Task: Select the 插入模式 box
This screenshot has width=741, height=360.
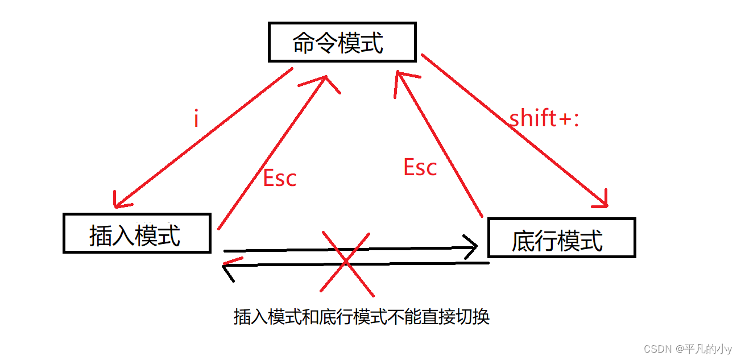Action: point(136,233)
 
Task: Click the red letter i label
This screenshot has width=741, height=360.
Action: point(196,119)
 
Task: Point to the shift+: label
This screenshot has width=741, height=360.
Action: point(544,118)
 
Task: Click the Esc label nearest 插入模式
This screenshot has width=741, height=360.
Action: point(280,178)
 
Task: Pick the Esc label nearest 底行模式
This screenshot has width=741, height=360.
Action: point(420,167)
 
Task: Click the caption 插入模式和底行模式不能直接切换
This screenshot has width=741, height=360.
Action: point(362,317)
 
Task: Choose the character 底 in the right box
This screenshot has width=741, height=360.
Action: point(522,241)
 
